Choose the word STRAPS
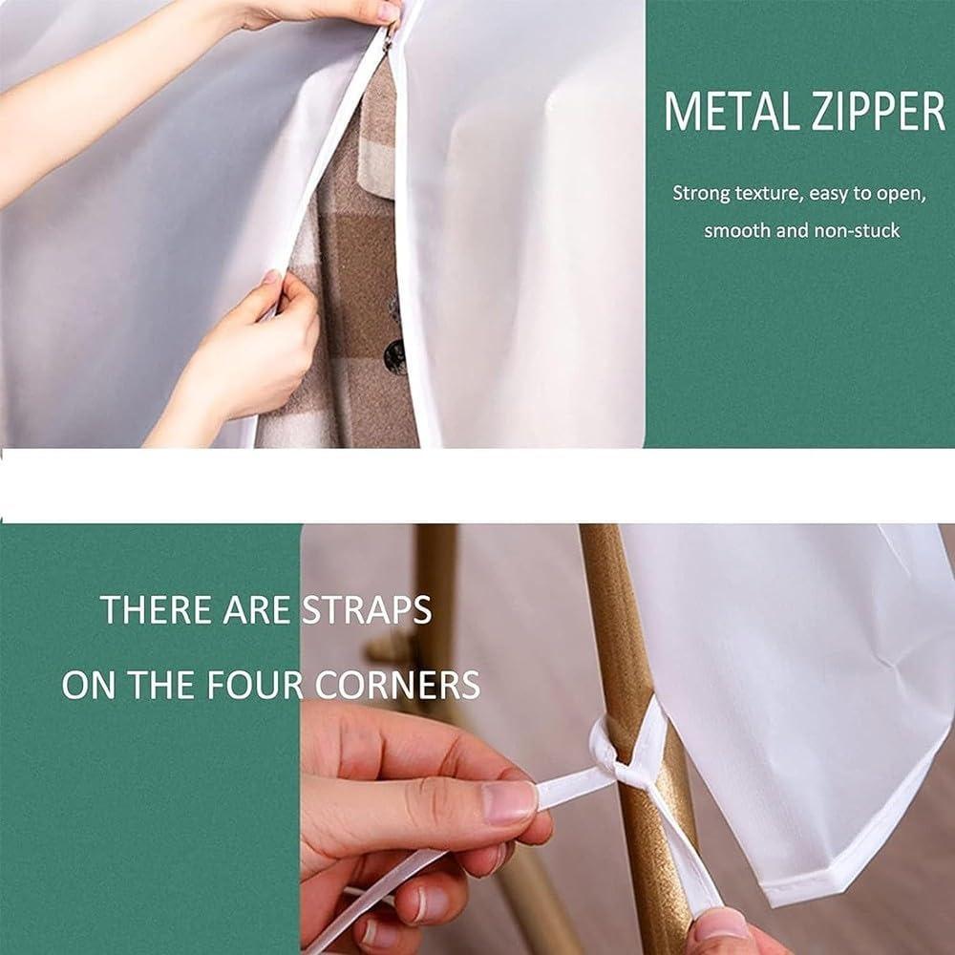tap(367, 609)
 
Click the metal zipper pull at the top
tap(386, 38)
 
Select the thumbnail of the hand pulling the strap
tap(509, 802)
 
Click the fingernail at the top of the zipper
tap(388, 12)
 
